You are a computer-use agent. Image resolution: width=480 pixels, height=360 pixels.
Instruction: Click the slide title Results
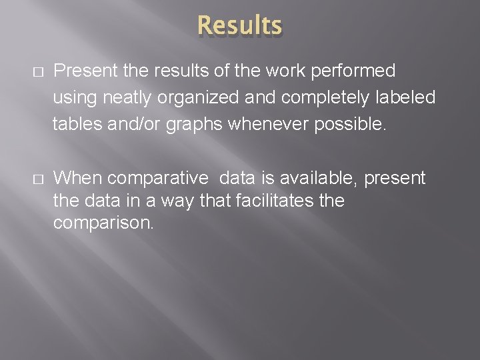click(240, 26)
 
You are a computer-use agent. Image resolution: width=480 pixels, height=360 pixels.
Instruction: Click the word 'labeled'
click(407, 98)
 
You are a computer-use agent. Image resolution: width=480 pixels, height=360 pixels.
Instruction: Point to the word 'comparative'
click(157, 179)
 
